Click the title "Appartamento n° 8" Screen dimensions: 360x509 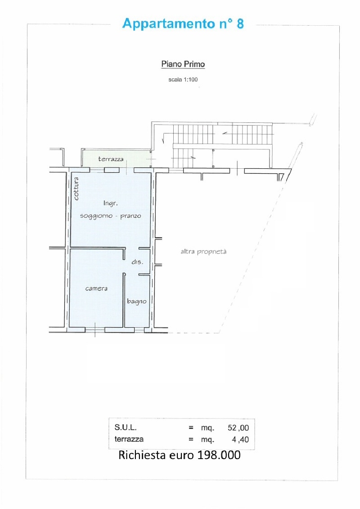pyautogui.click(x=183, y=24)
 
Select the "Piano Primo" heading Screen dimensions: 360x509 pyautogui.click(x=183, y=64)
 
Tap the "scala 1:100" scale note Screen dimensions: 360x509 pyautogui.click(x=183, y=80)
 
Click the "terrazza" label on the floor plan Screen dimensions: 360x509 pyautogui.click(x=111, y=159)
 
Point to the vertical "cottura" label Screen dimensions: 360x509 pyautogui.click(x=76, y=188)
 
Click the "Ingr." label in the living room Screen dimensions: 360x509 pyautogui.click(x=110, y=203)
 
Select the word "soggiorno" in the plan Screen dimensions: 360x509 pyautogui.click(x=96, y=216)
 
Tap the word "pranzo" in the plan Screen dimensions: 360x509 pyautogui.click(x=131, y=216)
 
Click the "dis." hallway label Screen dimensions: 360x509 pyautogui.click(x=137, y=262)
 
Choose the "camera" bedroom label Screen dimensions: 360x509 pyautogui.click(x=96, y=288)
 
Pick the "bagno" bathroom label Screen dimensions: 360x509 pyautogui.click(x=137, y=302)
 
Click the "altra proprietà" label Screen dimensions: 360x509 pyautogui.click(x=203, y=252)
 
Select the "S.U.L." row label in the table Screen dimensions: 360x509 pyautogui.click(x=126, y=428)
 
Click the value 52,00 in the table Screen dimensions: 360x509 pyautogui.click(x=238, y=428)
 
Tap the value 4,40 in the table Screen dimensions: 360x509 pyautogui.click(x=241, y=440)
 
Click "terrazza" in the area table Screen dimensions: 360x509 pyautogui.click(x=129, y=439)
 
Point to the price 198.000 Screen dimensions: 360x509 pyautogui.click(x=219, y=455)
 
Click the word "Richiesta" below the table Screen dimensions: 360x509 pyautogui.click(x=142, y=455)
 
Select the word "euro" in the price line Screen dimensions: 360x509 pyautogui.click(x=182, y=456)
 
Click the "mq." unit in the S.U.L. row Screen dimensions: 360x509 pyautogui.click(x=207, y=428)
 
